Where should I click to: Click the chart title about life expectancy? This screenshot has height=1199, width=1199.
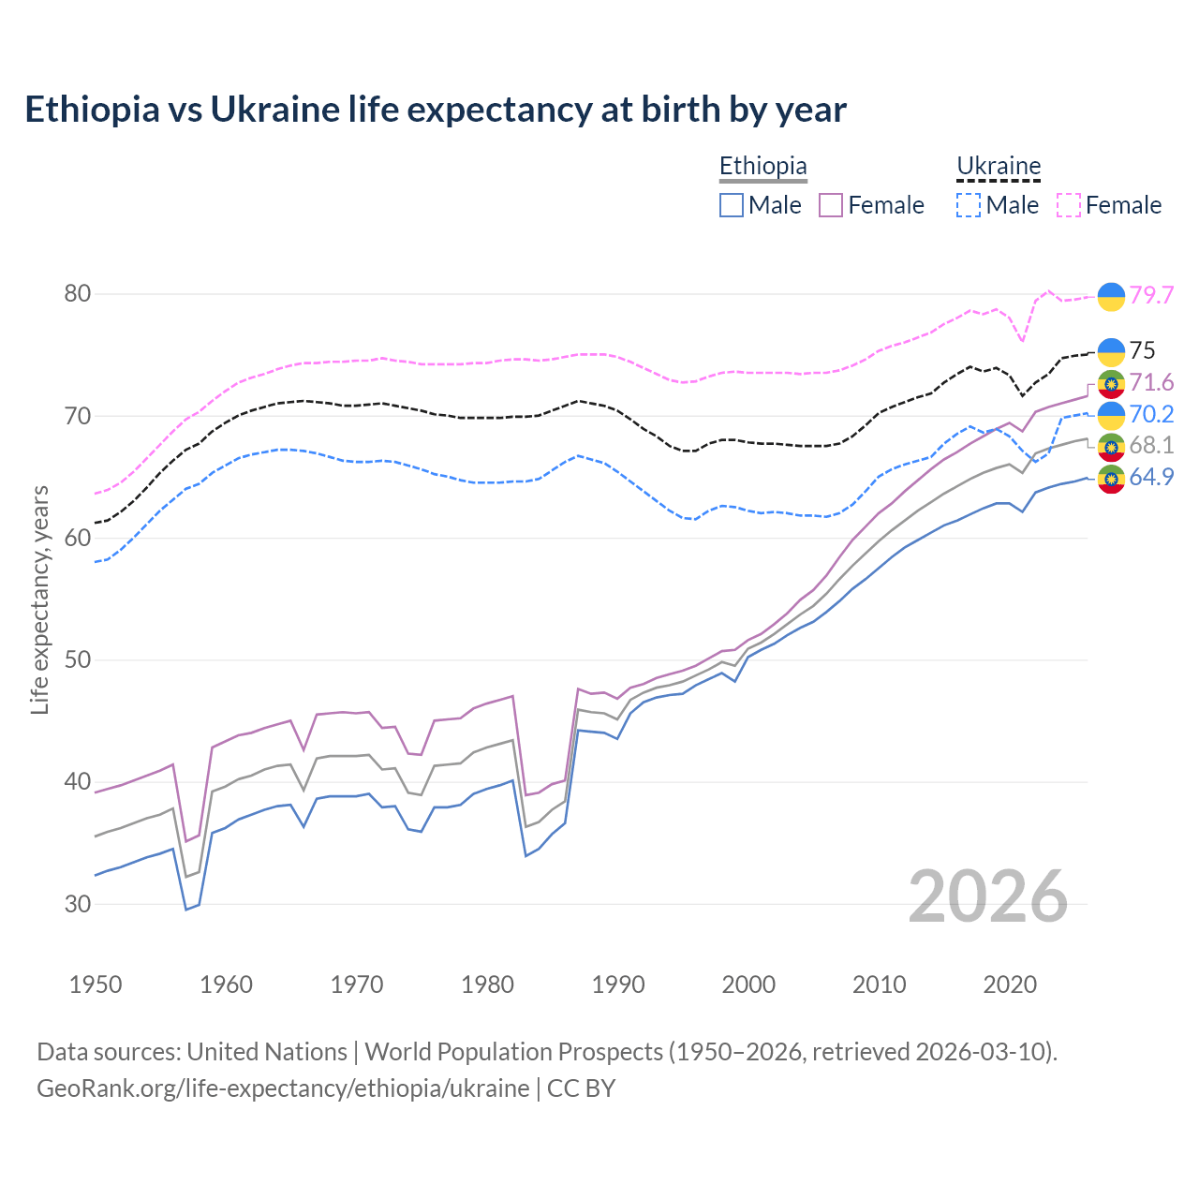(x=436, y=110)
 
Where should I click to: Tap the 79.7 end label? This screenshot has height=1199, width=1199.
(x=1151, y=295)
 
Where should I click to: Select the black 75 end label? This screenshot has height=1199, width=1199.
(x=1142, y=350)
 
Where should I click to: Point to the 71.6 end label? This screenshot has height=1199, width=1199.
(x=1151, y=382)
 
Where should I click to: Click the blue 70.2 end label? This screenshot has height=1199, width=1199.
(x=1151, y=414)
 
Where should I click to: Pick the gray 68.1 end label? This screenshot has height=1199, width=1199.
(x=1151, y=445)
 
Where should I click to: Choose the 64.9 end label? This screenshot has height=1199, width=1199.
(x=1151, y=477)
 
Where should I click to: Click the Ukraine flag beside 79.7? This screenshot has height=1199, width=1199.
(x=1111, y=296)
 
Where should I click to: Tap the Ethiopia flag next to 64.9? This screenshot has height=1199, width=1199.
(x=1111, y=478)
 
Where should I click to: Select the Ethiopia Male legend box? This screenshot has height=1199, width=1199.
(x=732, y=205)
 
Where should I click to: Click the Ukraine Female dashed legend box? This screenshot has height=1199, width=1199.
(x=1069, y=205)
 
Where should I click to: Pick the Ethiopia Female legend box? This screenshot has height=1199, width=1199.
(x=831, y=205)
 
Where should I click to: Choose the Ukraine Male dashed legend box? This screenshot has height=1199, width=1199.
(x=969, y=205)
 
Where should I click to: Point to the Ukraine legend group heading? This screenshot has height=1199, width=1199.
(x=999, y=167)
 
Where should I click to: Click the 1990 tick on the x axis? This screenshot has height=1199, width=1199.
(x=618, y=984)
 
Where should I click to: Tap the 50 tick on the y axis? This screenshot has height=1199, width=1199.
(x=77, y=659)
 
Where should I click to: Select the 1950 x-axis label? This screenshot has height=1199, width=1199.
(x=96, y=984)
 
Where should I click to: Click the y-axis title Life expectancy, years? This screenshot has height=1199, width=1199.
(x=40, y=599)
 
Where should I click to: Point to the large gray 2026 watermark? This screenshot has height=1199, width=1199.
(x=987, y=896)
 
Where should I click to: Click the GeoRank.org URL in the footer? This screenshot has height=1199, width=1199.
(x=283, y=1088)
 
